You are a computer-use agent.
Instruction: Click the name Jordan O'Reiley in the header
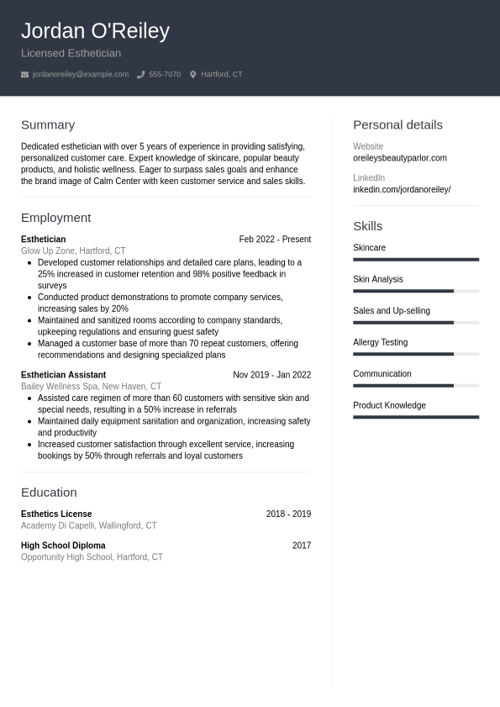click(x=95, y=31)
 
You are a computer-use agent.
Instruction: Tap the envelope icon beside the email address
click(x=25, y=75)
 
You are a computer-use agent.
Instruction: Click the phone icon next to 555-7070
click(x=141, y=75)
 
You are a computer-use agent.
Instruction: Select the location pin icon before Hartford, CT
click(x=192, y=75)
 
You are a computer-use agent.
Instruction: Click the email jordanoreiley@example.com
click(x=81, y=75)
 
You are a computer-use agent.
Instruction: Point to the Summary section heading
click(x=48, y=125)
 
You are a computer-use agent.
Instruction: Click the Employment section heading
click(x=55, y=218)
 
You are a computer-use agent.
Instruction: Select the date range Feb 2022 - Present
click(x=275, y=240)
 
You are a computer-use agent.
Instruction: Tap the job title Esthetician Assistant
click(x=63, y=375)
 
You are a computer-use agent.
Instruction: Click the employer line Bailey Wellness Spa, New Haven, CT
click(x=91, y=387)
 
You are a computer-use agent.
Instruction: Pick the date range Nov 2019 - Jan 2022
click(x=271, y=375)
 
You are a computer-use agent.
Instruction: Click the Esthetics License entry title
click(x=56, y=514)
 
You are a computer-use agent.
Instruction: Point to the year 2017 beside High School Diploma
click(x=302, y=546)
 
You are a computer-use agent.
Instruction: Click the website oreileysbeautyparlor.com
click(x=400, y=158)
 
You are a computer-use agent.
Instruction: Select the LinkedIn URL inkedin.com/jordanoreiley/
click(x=402, y=190)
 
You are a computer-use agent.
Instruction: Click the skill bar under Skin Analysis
click(x=416, y=291)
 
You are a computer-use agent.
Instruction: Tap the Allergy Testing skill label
click(x=380, y=342)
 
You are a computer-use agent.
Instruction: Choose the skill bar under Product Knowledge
click(x=416, y=417)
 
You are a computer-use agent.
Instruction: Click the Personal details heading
click(x=397, y=125)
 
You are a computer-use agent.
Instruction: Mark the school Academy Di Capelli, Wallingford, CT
click(x=88, y=525)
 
